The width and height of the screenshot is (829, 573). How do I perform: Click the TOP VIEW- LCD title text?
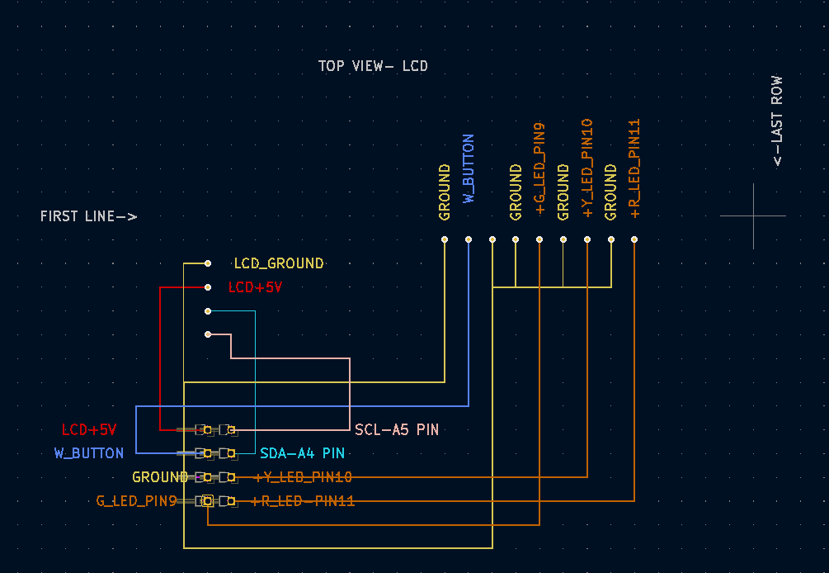coord(373,66)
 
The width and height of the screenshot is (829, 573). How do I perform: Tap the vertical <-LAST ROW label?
coord(777,121)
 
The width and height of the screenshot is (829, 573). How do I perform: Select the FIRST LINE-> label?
coord(88,216)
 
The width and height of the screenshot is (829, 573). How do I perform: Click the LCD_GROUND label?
coord(279,263)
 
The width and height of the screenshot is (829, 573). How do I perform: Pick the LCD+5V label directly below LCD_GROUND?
coord(255,287)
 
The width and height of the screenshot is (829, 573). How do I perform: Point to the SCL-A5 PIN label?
coord(397,430)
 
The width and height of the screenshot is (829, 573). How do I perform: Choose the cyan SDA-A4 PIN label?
coord(302,453)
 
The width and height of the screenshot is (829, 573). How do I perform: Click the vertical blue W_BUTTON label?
coord(469,168)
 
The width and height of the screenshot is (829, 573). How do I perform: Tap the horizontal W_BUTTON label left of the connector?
coord(89,453)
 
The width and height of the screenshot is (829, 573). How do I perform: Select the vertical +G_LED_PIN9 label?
coord(539,168)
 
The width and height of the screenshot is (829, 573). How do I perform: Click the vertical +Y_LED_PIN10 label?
coord(587,168)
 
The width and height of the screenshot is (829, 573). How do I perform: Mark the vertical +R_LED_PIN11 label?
coord(634,168)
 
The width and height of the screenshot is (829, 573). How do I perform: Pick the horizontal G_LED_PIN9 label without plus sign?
coord(136,500)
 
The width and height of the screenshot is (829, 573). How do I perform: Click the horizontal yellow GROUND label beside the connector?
coord(160,477)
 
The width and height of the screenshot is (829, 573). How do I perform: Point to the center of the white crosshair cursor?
coord(753,216)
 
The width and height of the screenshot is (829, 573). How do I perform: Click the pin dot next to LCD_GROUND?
coord(208,263)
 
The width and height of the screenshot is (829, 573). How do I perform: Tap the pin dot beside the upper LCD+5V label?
coord(208,287)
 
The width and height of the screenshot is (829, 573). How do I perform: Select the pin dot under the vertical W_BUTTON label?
coord(469,239)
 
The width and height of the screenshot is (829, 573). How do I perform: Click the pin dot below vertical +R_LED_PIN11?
coord(634,239)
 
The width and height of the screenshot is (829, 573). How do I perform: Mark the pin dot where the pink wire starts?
coord(208,334)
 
